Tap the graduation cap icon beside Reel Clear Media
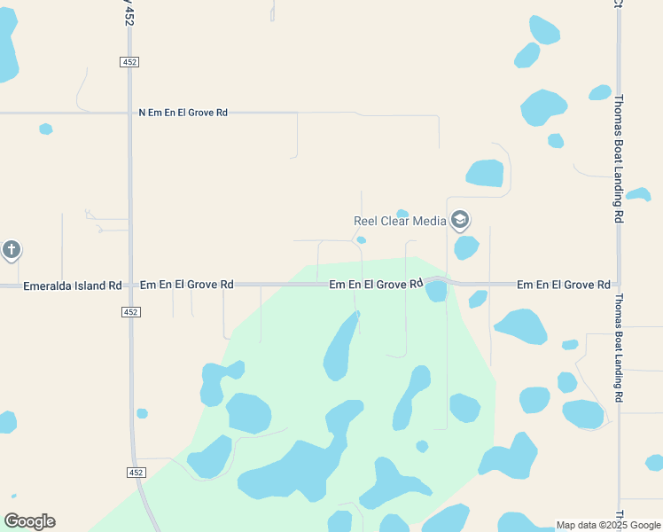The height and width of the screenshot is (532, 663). [x=459, y=219]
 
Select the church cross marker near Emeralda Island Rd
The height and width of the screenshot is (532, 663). [x=11, y=250]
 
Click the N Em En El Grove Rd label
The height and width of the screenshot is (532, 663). [x=183, y=113]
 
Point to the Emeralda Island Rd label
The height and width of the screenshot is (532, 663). [x=72, y=286]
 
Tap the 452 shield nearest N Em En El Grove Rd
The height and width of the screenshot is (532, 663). [x=129, y=61]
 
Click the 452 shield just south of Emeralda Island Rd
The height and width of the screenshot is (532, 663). [x=130, y=312]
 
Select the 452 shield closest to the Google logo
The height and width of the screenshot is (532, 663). [x=136, y=473]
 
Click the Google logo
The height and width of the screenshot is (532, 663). [x=29, y=521]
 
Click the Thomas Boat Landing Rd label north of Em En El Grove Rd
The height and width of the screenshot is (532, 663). [x=619, y=151]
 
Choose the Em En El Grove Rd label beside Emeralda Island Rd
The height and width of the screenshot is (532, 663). [x=186, y=285]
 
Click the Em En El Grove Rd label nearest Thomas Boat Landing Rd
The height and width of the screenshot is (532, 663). [x=563, y=285]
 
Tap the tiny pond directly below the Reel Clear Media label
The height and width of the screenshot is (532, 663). [x=362, y=239]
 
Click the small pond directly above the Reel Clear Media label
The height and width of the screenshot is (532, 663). [x=402, y=213]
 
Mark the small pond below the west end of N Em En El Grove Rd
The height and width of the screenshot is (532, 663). [x=46, y=129]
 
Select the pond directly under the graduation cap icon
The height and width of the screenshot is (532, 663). [x=466, y=246]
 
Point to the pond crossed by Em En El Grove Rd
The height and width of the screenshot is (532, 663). [x=436, y=291]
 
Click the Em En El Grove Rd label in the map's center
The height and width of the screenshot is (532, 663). [x=375, y=285]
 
